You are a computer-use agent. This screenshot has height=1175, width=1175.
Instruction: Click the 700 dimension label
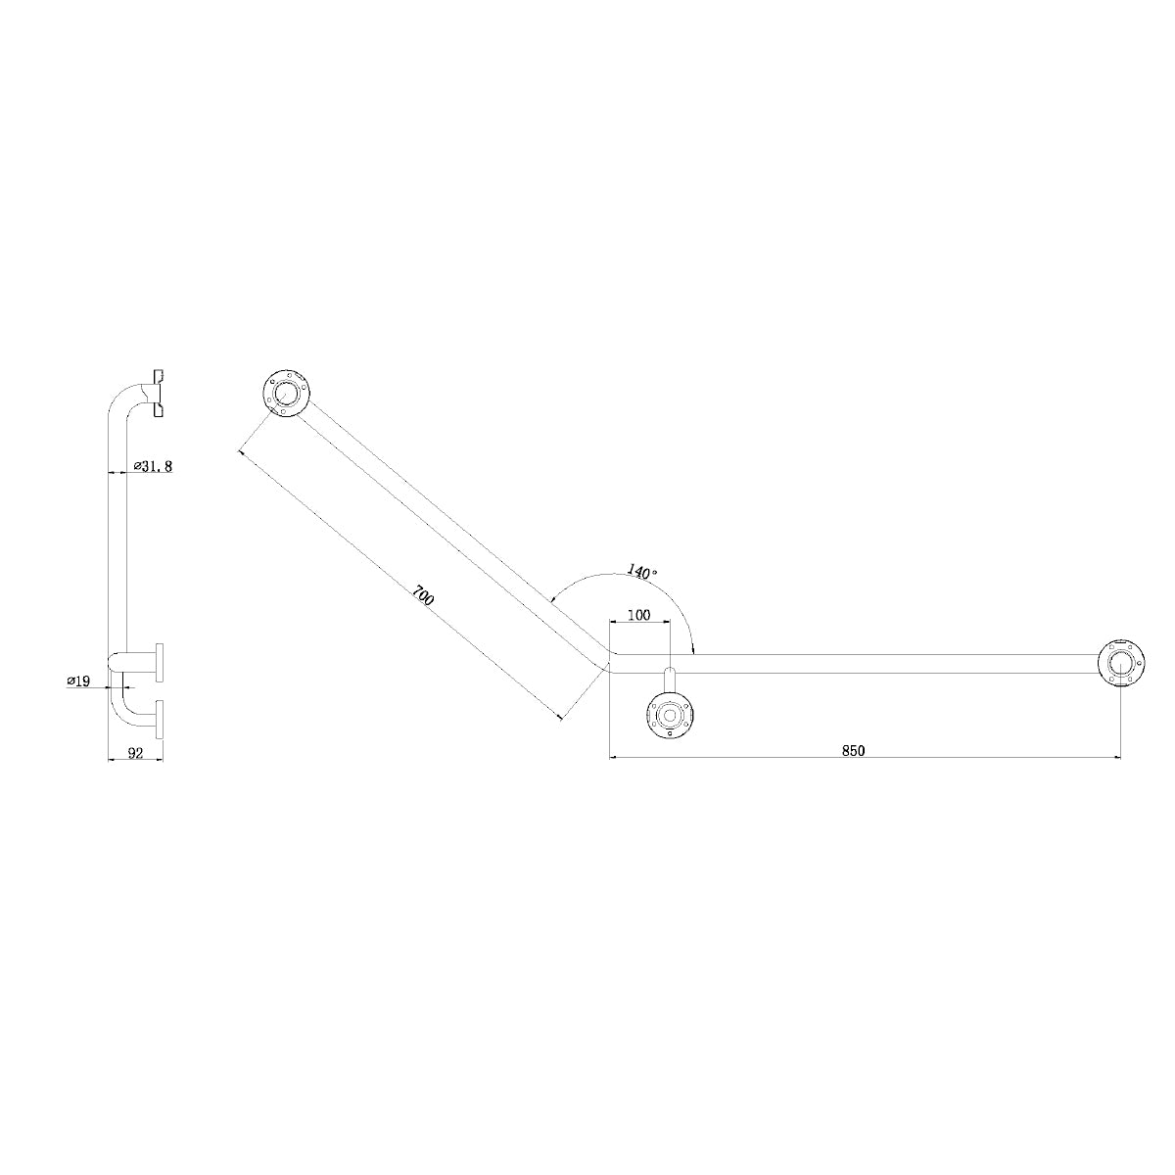point(423,596)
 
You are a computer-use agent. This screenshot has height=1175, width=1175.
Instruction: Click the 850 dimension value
point(853,750)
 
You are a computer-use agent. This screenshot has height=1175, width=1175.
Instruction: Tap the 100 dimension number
point(638,615)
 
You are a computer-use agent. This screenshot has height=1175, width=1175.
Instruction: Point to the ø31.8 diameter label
point(154,466)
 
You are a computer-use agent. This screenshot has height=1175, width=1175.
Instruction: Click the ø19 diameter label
point(78,681)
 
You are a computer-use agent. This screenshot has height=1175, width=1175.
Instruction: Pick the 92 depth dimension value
point(135,753)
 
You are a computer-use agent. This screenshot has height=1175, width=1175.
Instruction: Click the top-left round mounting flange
point(286,395)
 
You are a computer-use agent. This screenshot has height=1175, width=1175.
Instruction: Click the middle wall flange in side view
point(159,661)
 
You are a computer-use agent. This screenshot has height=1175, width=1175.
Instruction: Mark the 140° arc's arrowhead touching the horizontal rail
point(693,648)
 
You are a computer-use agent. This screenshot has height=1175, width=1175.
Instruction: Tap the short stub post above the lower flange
point(669,681)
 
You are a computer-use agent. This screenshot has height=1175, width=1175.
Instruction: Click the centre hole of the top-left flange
point(286,395)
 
